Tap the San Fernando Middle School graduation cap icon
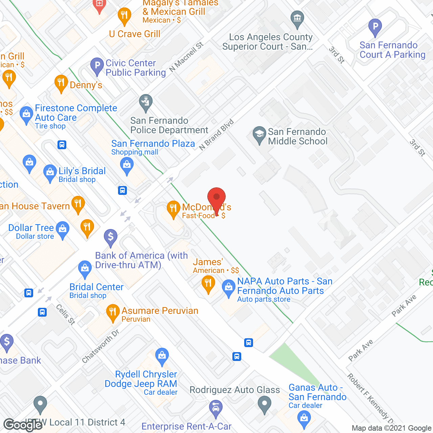(x=259, y=135)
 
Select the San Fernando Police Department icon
(x=146, y=102)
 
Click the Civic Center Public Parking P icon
(x=97, y=66)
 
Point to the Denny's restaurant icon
(x=61, y=83)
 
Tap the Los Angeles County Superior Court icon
(x=297, y=19)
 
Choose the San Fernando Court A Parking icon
(x=375, y=27)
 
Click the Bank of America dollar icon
(x=111, y=237)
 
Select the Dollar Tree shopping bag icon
(x=63, y=229)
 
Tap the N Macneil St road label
(x=186, y=57)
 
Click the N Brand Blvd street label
(x=216, y=135)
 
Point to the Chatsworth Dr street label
(x=101, y=346)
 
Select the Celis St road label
(x=66, y=314)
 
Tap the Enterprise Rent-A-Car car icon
(x=215, y=407)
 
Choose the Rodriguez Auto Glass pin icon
(x=265, y=404)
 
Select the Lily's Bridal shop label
(x=82, y=171)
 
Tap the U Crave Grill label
(x=135, y=34)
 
